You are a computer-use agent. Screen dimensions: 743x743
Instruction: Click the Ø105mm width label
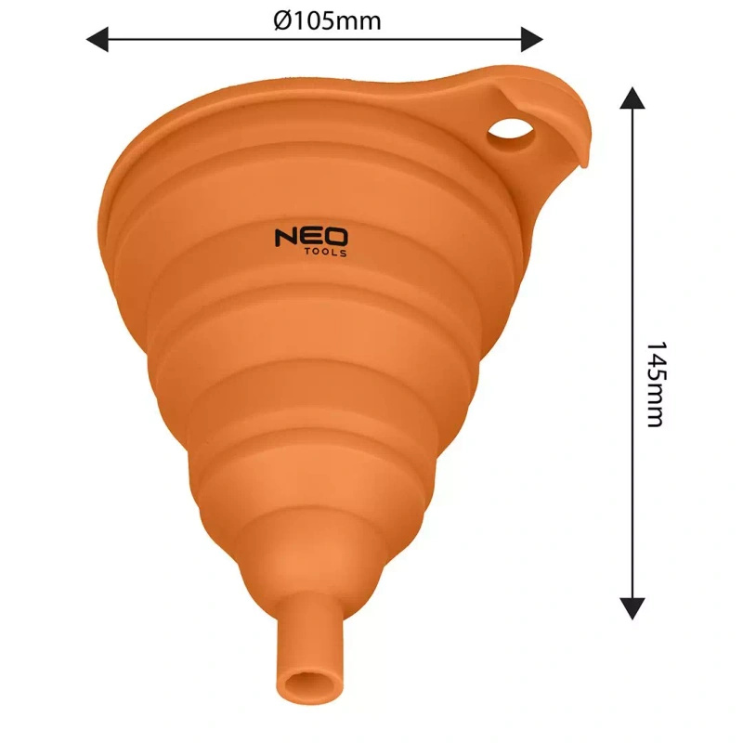(328, 20)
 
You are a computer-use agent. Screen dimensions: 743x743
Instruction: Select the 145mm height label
(655, 384)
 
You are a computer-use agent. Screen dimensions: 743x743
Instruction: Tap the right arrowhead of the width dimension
(531, 39)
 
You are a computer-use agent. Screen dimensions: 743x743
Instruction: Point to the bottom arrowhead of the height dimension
(632, 606)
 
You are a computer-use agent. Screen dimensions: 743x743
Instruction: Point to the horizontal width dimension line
(316, 39)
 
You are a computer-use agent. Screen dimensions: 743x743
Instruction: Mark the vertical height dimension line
(632, 279)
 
